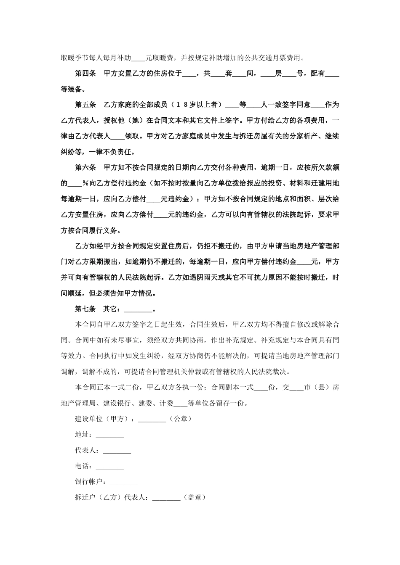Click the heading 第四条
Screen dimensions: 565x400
[85, 74]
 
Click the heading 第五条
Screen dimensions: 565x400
[85, 105]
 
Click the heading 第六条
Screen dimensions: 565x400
[85, 167]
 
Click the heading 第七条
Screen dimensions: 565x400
[85, 309]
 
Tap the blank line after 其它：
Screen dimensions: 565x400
[138, 310]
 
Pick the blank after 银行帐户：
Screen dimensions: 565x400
[124, 482]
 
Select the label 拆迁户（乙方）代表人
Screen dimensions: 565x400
[110, 497]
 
